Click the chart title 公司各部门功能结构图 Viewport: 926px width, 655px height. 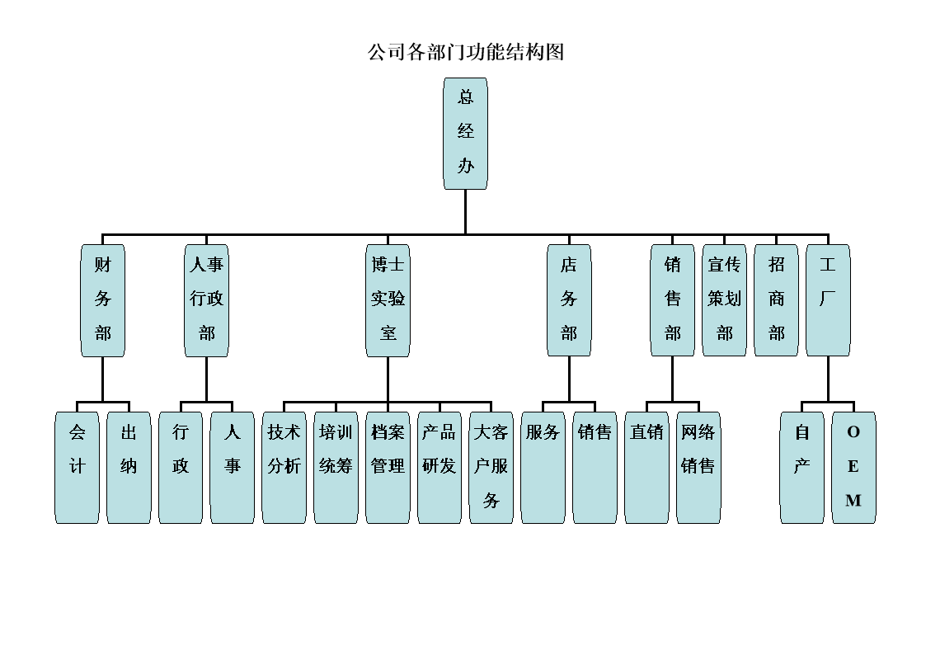click(x=465, y=53)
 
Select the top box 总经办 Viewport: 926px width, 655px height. click(x=465, y=133)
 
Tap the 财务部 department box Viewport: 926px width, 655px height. click(x=102, y=299)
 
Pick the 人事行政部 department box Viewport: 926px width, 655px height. click(x=206, y=299)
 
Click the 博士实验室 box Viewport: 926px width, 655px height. click(x=388, y=299)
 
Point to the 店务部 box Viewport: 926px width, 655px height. click(x=569, y=299)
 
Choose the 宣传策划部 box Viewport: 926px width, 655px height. click(x=724, y=299)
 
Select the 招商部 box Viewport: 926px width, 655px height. click(x=776, y=299)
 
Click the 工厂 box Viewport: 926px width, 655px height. click(x=828, y=299)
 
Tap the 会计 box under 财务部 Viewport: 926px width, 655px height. click(x=77, y=467)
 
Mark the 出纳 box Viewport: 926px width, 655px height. click(x=129, y=467)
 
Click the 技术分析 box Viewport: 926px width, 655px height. click(x=284, y=467)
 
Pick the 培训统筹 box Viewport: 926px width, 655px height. click(x=336, y=467)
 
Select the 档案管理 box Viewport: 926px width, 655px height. click(x=388, y=467)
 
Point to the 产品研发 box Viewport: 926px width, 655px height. click(x=439, y=467)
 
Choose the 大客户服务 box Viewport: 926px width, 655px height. click(x=491, y=467)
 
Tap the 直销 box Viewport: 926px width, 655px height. click(x=646, y=467)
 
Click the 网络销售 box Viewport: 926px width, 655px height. click(x=698, y=467)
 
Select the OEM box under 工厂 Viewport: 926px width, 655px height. click(x=853, y=467)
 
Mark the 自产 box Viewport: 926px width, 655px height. click(x=801, y=467)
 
